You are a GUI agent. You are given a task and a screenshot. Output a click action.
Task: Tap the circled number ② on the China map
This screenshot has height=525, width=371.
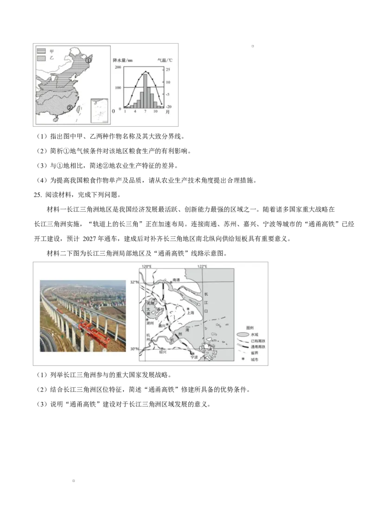click(70, 108)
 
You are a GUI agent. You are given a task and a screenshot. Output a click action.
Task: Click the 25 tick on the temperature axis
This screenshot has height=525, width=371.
click(167, 70)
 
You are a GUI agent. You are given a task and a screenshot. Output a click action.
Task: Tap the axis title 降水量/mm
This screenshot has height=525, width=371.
click(123, 60)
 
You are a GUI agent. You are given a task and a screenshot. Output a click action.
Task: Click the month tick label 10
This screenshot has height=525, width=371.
click(155, 112)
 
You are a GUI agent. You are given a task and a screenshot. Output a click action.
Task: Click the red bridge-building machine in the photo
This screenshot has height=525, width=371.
click(95, 332)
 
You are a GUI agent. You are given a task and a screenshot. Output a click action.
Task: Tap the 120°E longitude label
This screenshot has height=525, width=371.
click(147, 266)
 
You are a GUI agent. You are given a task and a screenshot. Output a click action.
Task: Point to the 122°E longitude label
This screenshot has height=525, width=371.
click(202, 266)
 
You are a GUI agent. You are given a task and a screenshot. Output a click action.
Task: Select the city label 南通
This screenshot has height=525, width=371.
click(175, 280)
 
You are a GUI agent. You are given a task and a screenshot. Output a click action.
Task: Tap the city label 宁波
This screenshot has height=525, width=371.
click(194, 357)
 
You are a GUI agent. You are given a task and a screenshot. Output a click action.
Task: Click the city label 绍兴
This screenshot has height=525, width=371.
click(162, 352)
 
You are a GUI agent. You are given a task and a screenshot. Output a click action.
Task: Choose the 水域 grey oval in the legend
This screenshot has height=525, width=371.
click(243, 334)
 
